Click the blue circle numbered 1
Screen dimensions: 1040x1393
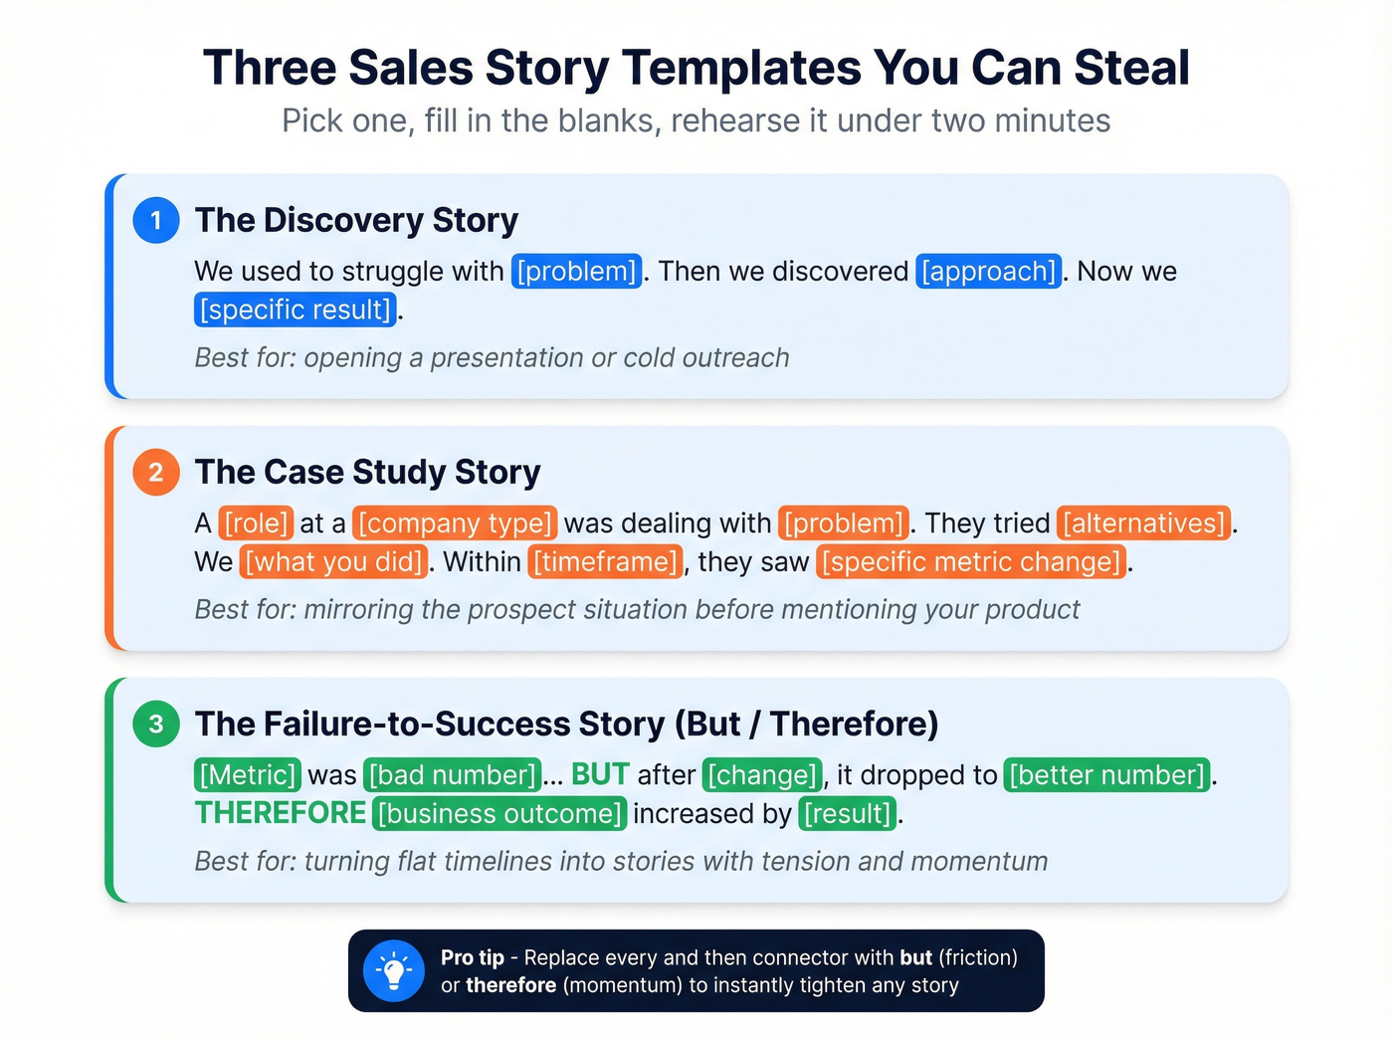click(x=156, y=220)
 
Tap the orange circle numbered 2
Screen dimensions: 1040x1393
click(x=156, y=472)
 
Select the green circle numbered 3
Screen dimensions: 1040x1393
click(x=156, y=724)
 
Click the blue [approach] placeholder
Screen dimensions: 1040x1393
click(x=988, y=272)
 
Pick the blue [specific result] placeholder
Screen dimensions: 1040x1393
click(x=296, y=310)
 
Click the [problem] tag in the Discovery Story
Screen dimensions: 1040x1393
click(x=577, y=272)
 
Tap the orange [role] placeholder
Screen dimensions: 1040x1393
click(x=256, y=523)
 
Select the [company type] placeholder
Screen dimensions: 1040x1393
click(x=456, y=523)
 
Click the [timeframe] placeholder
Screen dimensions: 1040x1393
click(x=606, y=562)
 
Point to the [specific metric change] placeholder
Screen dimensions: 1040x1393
click(x=972, y=562)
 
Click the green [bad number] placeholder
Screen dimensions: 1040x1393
click(x=453, y=775)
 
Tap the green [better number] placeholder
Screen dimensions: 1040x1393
click(x=1107, y=775)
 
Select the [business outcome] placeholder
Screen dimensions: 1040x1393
click(x=499, y=814)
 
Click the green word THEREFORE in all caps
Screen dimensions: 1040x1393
click(x=281, y=813)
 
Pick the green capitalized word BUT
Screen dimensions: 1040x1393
click(x=600, y=774)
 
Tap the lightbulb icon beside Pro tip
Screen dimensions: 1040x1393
click(x=394, y=971)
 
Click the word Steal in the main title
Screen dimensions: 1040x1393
click(x=1131, y=68)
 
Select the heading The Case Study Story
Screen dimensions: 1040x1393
click(x=367, y=472)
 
